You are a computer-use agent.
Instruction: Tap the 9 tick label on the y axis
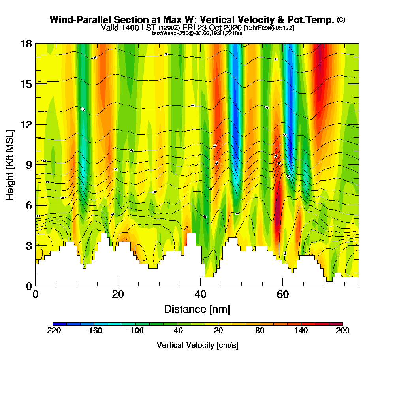[x=28, y=165]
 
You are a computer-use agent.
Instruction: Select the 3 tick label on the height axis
[x=28, y=246]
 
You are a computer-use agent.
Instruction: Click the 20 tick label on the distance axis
[x=118, y=294]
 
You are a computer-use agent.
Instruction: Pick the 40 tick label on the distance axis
[x=200, y=294]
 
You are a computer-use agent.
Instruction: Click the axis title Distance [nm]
[x=197, y=309]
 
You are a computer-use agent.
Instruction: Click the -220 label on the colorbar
[x=53, y=331]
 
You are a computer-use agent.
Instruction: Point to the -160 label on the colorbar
[x=94, y=331]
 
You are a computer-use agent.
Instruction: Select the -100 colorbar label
[x=135, y=331]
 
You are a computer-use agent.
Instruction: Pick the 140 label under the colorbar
[x=301, y=331]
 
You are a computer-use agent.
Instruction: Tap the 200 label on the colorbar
[x=342, y=331]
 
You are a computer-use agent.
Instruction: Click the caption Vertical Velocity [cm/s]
[x=197, y=345]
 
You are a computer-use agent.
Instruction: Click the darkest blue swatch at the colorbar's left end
[x=60, y=324]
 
